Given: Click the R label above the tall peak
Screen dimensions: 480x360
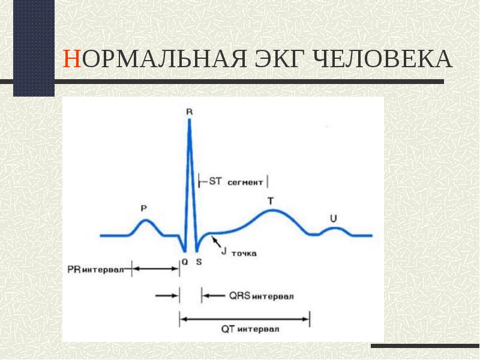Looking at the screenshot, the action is click(190, 112).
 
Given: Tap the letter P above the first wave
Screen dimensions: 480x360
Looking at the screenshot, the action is click(144, 208).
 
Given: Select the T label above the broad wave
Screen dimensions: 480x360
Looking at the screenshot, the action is click(271, 201).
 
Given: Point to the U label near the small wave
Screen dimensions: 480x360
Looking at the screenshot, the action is click(334, 218).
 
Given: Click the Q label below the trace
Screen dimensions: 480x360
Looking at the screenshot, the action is click(185, 262).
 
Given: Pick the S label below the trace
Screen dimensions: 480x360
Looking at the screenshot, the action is click(199, 262).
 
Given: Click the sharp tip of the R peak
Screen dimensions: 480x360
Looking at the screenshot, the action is click(190, 119).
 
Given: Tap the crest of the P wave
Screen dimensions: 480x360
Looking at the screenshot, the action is click(145, 220).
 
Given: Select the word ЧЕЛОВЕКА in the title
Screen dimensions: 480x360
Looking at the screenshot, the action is click(383, 58).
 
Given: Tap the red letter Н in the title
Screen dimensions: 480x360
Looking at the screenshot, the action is click(72, 58).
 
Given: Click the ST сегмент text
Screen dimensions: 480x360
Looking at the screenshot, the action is click(236, 182).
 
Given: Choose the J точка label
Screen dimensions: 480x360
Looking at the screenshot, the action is click(239, 252).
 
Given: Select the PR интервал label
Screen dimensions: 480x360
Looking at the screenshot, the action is click(95, 269).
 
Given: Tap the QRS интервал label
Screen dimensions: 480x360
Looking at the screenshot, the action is click(262, 296).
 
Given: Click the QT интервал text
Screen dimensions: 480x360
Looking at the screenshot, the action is click(250, 329).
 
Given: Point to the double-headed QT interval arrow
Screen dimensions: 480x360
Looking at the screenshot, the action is click(244, 319).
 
